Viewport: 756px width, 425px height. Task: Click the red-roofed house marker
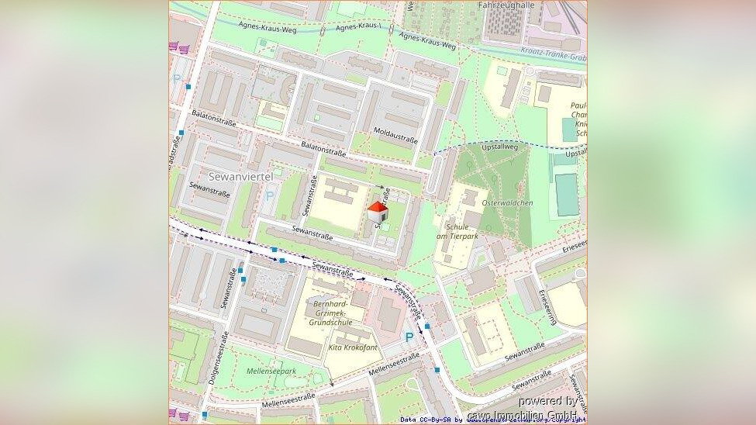tap(377, 212)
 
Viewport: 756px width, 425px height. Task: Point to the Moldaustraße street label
tap(395, 135)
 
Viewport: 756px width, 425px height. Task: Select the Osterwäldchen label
tap(507, 203)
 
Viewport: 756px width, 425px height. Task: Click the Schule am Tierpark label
tap(453, 231)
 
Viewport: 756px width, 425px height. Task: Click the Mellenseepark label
tap(271, 371)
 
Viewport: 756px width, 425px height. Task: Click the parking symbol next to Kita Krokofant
tap(409, 337)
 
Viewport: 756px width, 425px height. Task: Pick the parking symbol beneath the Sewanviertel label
tap(269, 196)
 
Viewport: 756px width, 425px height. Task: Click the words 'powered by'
tap(547, 401)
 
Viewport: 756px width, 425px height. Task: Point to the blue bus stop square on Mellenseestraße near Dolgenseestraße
tap(205, 415)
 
